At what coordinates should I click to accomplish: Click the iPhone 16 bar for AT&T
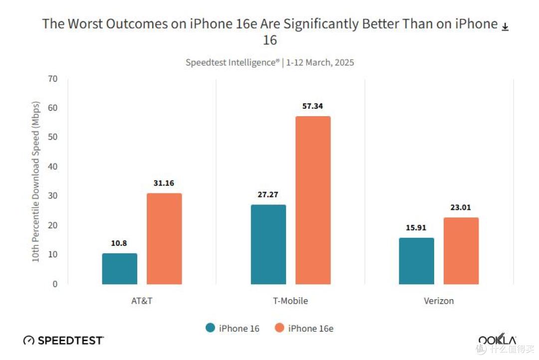point(120,269)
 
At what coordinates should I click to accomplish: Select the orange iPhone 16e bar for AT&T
point(164,239)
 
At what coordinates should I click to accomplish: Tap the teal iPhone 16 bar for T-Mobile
point(269,244)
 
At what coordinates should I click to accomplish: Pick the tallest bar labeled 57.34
point(313,200)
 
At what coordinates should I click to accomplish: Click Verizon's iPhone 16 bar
point(417,261)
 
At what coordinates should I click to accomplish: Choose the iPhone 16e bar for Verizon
point(461,251)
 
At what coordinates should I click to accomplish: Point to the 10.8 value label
point(119,243)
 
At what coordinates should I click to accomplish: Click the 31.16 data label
point(164,183)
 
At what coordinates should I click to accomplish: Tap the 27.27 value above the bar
point(268,194)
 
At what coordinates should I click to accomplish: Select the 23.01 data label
point(461,207)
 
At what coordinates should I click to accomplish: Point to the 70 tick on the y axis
point(52,79)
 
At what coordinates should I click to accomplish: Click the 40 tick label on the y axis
point(52,167)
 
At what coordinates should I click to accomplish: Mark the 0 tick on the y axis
point(55,284)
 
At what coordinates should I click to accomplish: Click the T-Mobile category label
point(290,301)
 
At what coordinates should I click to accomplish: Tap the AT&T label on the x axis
point(142,301)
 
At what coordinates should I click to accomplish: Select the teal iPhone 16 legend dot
point(211,328)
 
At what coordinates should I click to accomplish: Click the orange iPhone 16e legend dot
point(279,328)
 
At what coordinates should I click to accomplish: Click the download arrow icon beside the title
point(505,27)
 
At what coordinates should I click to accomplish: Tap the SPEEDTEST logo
point(63,340)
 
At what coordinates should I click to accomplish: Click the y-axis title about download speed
point(35,181)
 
